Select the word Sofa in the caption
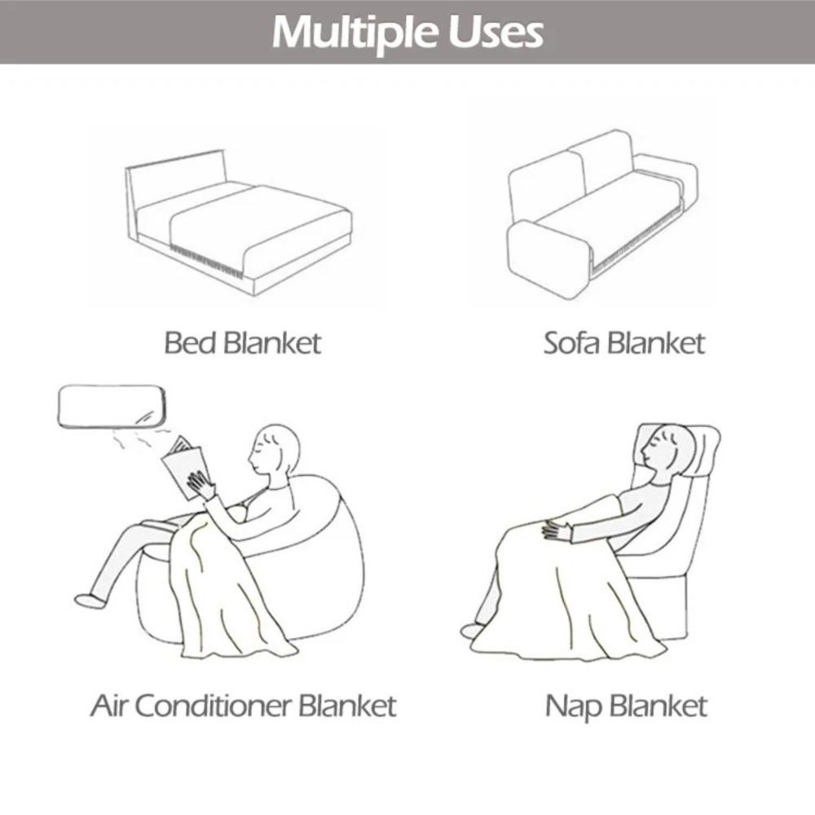571,343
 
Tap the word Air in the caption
109,705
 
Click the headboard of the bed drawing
176,174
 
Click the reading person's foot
90,601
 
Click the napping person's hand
557,531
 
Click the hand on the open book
200,487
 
